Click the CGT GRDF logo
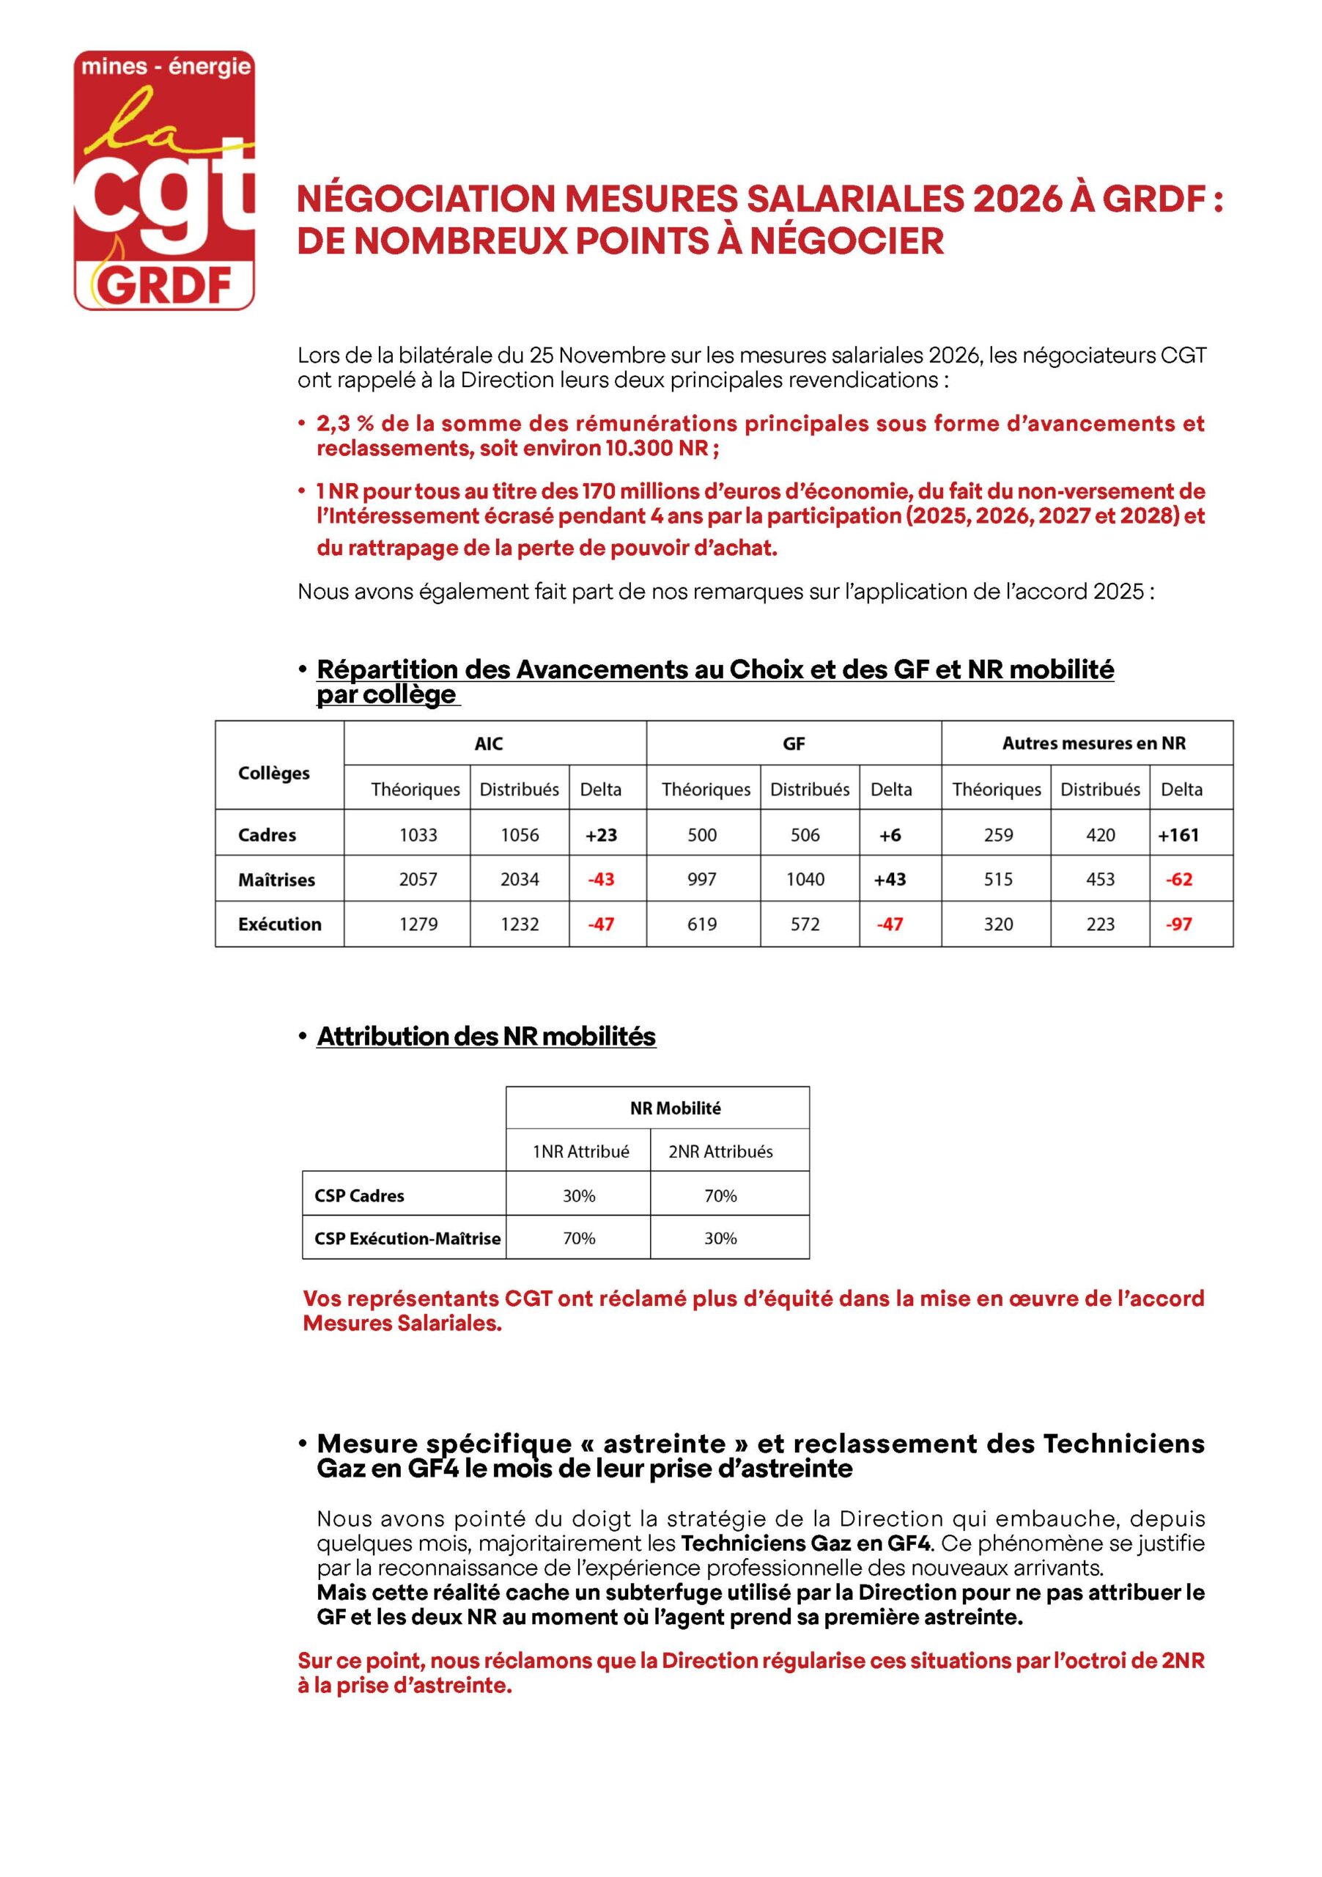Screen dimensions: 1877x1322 point(164,180)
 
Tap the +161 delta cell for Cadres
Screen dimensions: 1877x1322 point(1178,834)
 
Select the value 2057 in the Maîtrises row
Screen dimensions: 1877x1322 point(418,879)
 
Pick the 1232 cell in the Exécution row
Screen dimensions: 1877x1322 point(520,924)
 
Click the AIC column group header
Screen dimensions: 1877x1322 point(489,743)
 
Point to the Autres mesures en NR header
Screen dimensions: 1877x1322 point(1093,743)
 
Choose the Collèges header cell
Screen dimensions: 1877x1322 point(274,773)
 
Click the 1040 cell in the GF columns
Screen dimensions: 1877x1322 point(805,879)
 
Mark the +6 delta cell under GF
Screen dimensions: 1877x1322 point(890,834)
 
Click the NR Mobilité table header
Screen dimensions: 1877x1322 point(675,1108)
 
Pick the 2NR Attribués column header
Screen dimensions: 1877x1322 point(720,1151)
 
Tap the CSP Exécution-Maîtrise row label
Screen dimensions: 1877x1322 point(407,1238)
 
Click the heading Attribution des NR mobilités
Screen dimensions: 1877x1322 point(486,1036)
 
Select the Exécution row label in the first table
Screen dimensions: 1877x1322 point(279,924)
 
